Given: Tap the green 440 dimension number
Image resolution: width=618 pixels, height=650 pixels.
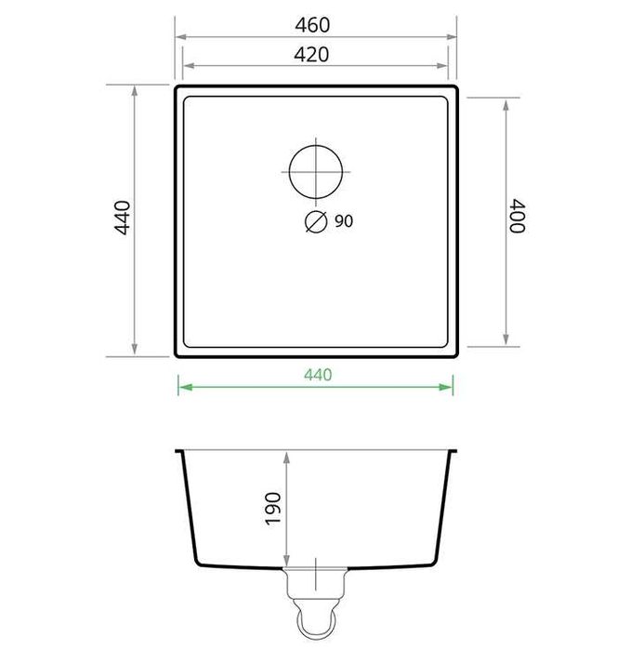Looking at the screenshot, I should point(317,375).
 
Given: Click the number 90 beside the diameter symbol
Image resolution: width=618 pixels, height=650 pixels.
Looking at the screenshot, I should point(343,221).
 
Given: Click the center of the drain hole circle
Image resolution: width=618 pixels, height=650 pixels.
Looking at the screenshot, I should point(316,171).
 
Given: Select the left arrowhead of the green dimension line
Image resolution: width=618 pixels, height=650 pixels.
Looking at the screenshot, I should point(182,387).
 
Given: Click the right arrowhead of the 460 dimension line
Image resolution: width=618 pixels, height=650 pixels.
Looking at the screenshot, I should point(454,37).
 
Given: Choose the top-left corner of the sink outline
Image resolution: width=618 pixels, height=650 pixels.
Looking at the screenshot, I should point(178,87).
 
